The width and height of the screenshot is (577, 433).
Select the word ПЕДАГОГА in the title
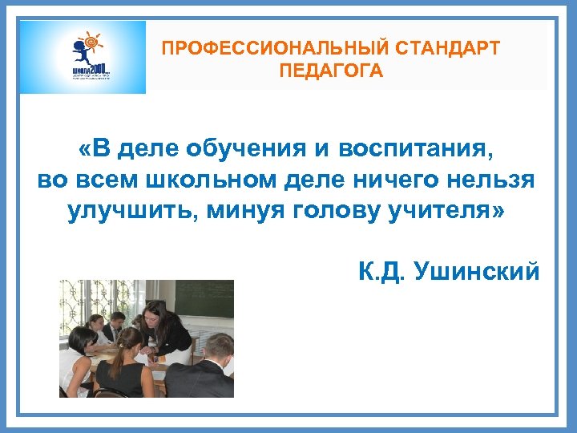coord(331,71)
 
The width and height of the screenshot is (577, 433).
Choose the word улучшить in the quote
coord(132,212)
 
